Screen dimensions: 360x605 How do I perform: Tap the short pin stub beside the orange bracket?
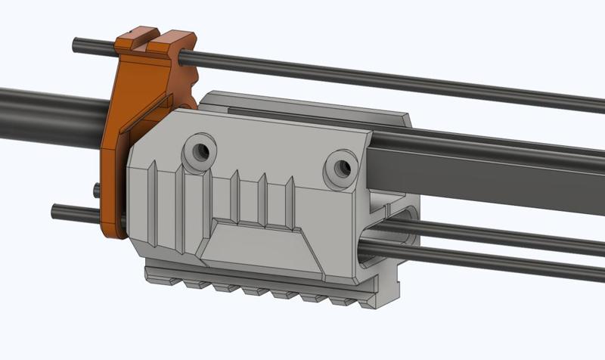click(97, 190)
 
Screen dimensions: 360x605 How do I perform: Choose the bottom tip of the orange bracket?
click(113, 231)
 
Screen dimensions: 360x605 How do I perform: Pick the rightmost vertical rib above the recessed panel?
click(289, 200)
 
